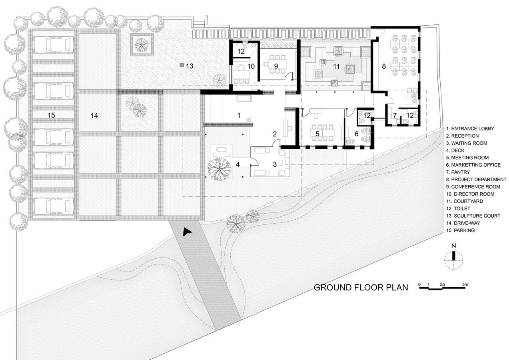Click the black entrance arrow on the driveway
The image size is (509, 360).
coord(187,232)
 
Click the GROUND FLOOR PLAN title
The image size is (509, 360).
coord(361,288)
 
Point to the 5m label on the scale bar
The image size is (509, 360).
coord(465,284)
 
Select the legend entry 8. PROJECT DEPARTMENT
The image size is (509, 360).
coord(476,180)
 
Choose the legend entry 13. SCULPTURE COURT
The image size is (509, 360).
coord(473,216)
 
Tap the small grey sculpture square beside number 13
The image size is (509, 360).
coord(182,65)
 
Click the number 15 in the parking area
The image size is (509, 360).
coord(51,115)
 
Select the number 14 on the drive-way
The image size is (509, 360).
coord(94,116)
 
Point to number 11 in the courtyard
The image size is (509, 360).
coord(336,66)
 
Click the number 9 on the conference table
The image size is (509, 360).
coord(276,66)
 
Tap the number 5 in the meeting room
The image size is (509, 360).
coord(317,134)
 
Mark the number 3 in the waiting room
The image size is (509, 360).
coord(275,164)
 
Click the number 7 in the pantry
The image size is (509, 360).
coord(395,116)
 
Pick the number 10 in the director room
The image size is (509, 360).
coord(251,66)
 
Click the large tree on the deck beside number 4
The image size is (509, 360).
coord(219,169)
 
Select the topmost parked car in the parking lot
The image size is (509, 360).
coord(54,45)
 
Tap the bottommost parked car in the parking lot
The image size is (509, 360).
coord(54,206)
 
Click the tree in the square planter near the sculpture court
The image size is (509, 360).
coord(142,45)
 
